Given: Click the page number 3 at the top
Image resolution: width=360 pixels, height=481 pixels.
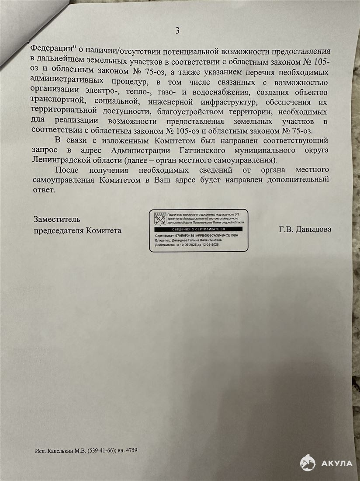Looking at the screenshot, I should point(177,31).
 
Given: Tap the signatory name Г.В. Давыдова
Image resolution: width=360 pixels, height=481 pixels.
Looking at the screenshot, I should point(305,229).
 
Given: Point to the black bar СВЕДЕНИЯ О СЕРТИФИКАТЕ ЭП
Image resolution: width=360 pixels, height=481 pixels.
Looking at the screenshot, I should point(198,229).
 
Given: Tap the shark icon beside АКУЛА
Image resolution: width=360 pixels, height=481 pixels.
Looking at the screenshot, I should point(308,463).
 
